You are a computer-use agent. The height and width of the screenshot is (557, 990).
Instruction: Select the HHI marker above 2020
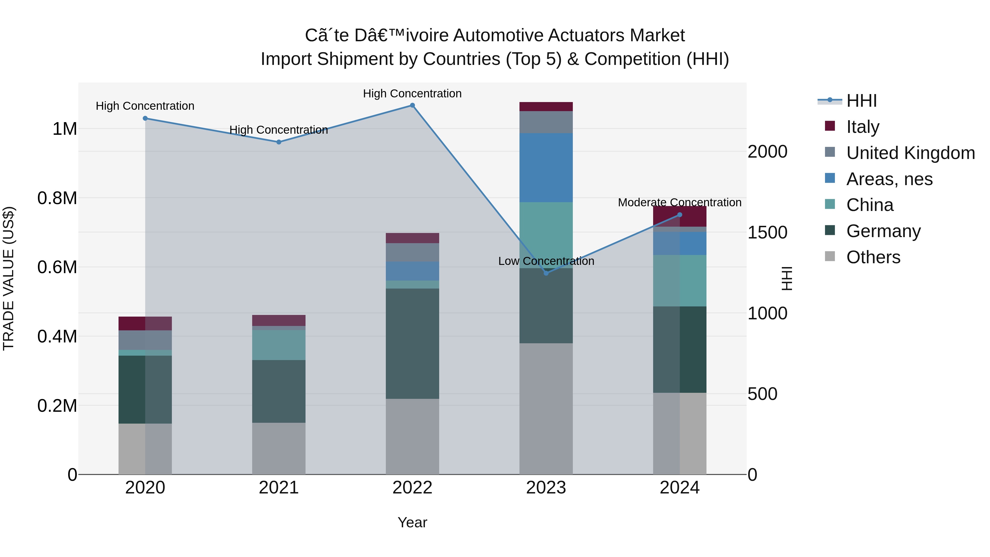[x=145, y=118]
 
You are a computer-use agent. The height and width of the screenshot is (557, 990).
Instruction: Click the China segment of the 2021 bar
[x=279, y=345]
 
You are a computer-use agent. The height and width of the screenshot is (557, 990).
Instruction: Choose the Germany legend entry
[x=883, y=231]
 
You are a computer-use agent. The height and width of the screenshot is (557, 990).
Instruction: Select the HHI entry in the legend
[x=861, y=101]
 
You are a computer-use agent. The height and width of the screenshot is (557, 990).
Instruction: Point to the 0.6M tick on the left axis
[x=57, y=267]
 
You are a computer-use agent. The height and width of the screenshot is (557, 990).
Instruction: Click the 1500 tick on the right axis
[x=767, y=232]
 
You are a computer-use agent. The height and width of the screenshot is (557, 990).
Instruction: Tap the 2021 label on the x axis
[x=279, y=488]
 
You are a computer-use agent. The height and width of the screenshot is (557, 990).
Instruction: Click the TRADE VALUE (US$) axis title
[x=9, y=278]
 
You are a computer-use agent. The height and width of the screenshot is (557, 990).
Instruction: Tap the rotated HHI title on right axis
[x=787, y=278]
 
